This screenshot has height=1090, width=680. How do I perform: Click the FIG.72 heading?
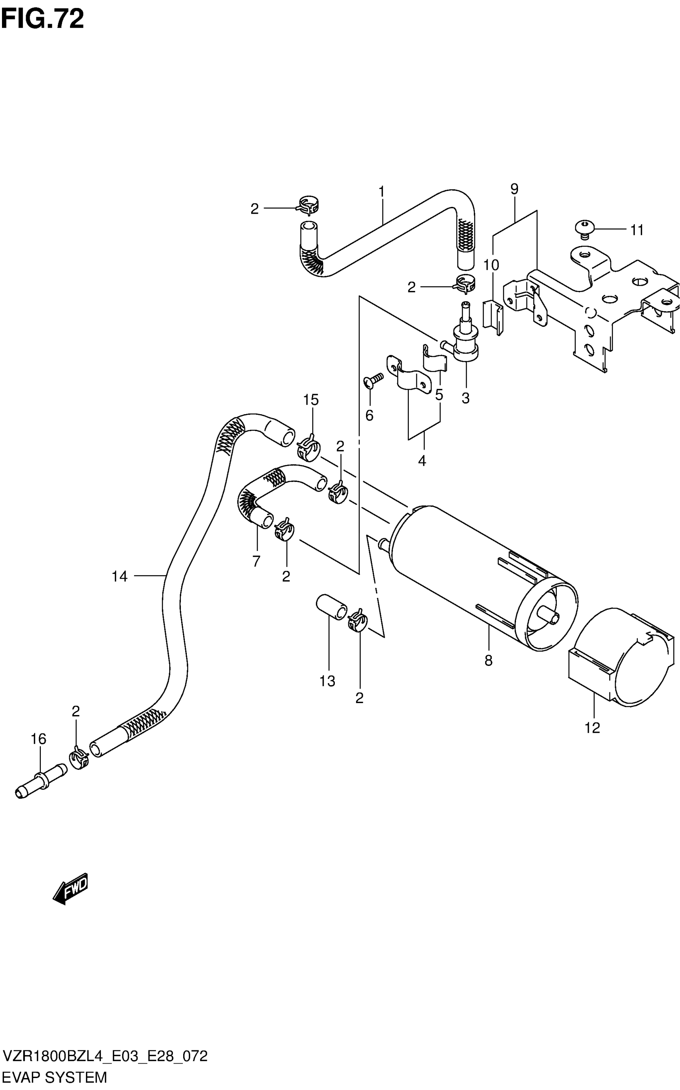42,19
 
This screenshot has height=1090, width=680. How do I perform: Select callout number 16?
39,739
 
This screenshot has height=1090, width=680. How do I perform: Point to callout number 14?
120,576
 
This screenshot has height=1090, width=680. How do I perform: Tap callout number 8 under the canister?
488,661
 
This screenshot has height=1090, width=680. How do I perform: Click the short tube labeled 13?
332,607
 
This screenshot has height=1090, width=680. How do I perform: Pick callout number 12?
592,728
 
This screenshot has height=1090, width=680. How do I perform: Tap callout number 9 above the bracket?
514,189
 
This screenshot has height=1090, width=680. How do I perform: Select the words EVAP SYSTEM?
55,1078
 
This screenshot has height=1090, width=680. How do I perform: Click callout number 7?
256,561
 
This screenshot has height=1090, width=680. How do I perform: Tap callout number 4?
422,461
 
